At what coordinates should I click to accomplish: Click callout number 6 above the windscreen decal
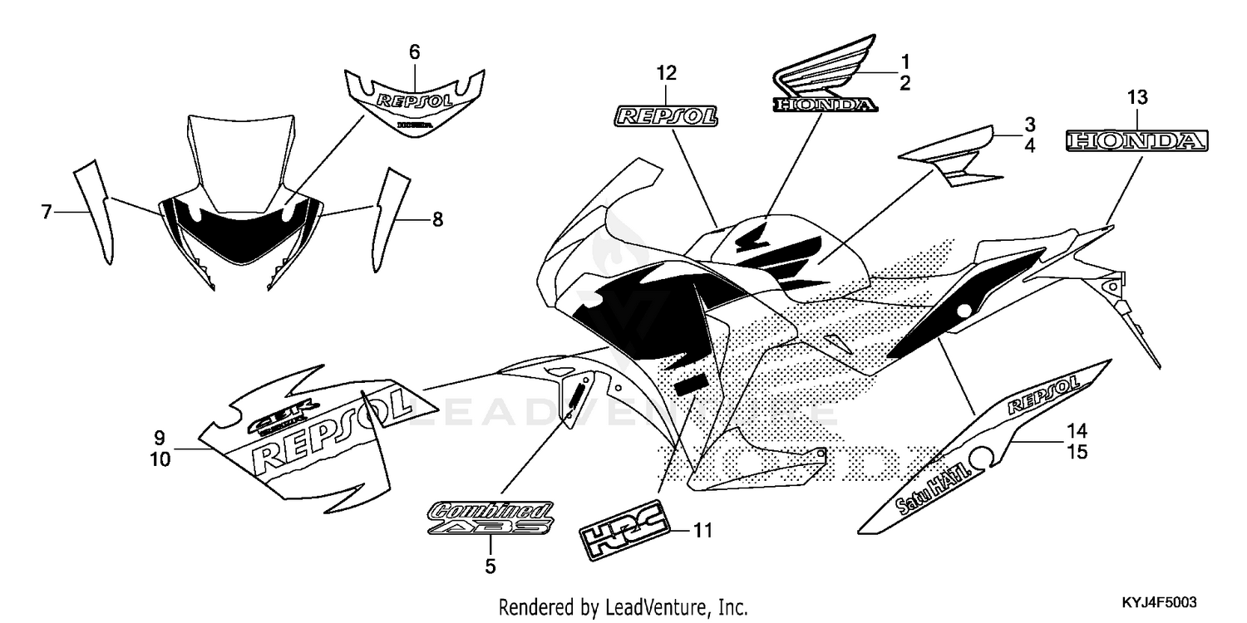click(414, 52)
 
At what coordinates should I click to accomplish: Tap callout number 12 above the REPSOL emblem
click(666, 73)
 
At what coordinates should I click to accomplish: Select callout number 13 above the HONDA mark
click(1136, 98)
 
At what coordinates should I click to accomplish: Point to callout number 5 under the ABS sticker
click(490, 567)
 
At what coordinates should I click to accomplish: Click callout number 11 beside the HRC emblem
click(703, 530)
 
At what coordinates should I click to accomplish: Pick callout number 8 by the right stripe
click(436, 220)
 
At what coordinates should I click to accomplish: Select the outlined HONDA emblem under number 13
click(1136, 142)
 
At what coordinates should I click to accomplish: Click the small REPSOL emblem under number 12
click(666, 115)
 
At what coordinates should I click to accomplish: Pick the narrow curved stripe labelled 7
click(95, 208)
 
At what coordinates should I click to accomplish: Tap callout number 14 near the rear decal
click(1077, 431)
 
